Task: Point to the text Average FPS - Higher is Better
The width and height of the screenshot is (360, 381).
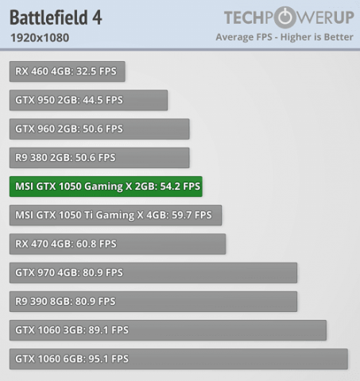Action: (x=285, y=37)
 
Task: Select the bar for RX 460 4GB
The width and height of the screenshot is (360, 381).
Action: (x=68, y=71)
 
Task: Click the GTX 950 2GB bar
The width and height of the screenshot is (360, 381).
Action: (x=88, y=100)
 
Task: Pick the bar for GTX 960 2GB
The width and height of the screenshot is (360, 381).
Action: (x=99, y=129)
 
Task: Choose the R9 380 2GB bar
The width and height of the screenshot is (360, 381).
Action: (x=99, y=157)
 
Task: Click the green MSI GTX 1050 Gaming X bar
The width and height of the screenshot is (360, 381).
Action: (x=106, y=187)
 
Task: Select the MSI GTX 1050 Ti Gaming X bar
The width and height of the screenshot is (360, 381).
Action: (x=115, y=215)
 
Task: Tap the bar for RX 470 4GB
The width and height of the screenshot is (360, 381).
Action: (x=118, y=244)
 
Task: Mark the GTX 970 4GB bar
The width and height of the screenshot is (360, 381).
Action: (x=153, y=272)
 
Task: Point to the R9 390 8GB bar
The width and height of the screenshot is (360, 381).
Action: (x=153, y=301)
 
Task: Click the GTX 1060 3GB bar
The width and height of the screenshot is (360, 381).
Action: (x=168, y=330)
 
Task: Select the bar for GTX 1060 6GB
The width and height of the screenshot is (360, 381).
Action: (x=179, y=359)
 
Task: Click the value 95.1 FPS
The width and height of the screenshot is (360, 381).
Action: (x=107, y=359)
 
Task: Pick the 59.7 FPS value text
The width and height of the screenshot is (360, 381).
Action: (x=192, y=215)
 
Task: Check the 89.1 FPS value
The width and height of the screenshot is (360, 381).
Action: (x=107, y=330)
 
